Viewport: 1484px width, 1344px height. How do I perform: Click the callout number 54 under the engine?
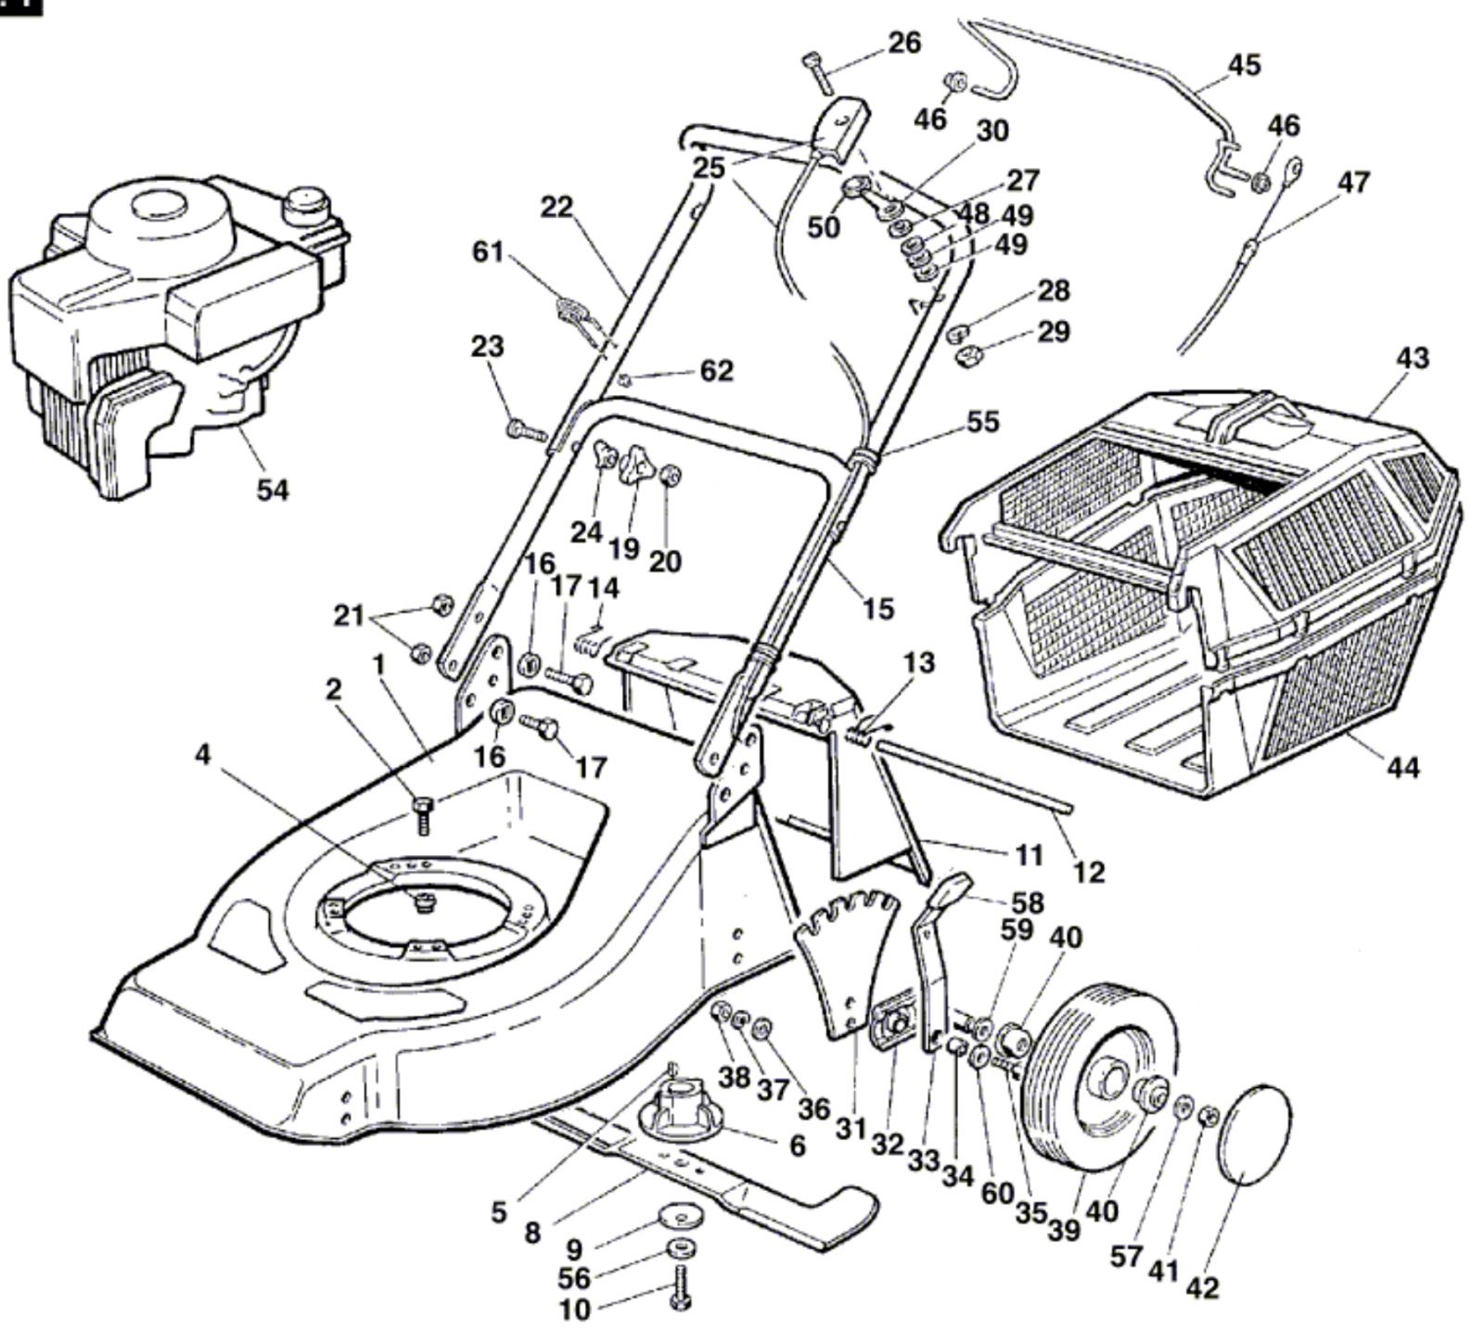pyautogui.click(x=272, y=489)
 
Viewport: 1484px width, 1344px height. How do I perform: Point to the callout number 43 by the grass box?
pyautogui.click(x=1412, y=357)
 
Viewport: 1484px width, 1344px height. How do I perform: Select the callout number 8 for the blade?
pyautogui.click(x=531, y=1233)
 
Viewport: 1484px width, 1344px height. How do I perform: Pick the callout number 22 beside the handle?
pyautogui.click(x=557, y=207)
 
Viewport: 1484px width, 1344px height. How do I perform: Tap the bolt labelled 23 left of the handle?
pyautogui.click(x=526, y=430)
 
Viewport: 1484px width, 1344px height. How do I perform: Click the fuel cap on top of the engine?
pyautogui.click(x=308, y=203)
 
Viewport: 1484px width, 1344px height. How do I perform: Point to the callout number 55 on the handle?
pyautogui.click(x=983, y=421)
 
